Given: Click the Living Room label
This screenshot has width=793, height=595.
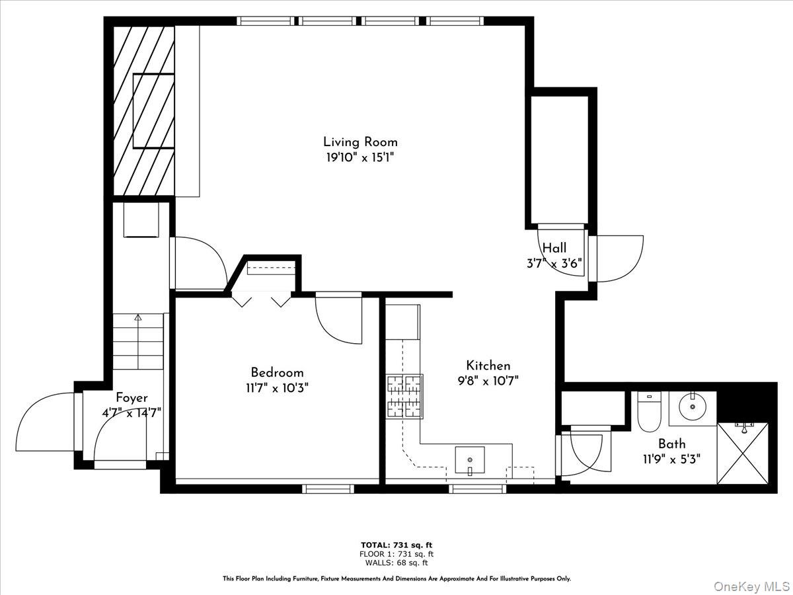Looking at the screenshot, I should [360, 141].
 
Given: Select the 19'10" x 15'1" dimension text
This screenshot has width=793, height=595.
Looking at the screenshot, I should [360, 157].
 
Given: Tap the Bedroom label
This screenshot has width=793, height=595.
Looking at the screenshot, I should [277, 373].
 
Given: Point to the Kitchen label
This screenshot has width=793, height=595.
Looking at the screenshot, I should [488, 366].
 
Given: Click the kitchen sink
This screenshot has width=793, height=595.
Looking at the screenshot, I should [470, 458].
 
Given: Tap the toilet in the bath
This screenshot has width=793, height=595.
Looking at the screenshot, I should [649, 411].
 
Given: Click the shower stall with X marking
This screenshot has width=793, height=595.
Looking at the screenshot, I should [743, 452].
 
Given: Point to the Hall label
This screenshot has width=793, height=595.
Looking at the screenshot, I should [554, 248].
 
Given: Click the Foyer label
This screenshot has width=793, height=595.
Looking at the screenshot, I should [132, 398].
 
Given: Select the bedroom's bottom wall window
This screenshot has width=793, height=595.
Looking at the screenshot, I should [328, 489].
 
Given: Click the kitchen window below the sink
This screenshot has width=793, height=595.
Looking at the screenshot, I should [477, 489].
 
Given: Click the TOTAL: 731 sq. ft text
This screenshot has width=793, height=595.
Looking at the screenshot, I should [397, 545].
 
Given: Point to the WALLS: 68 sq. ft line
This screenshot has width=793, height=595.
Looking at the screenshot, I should [397, 563].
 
